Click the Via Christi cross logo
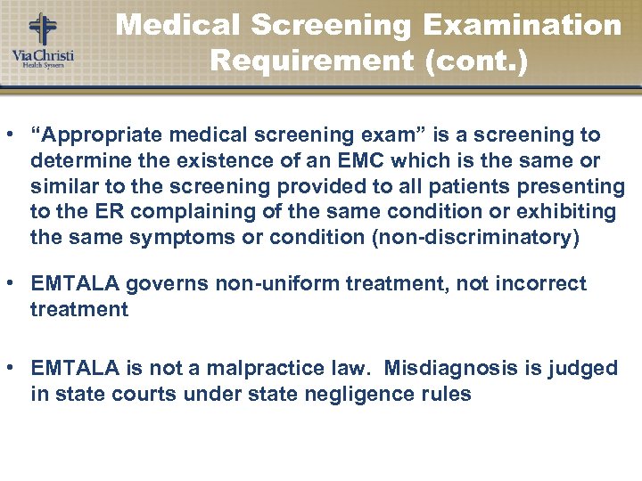tap(41, 29)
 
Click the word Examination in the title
tap(523, 25)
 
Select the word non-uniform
tap(279, 284)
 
